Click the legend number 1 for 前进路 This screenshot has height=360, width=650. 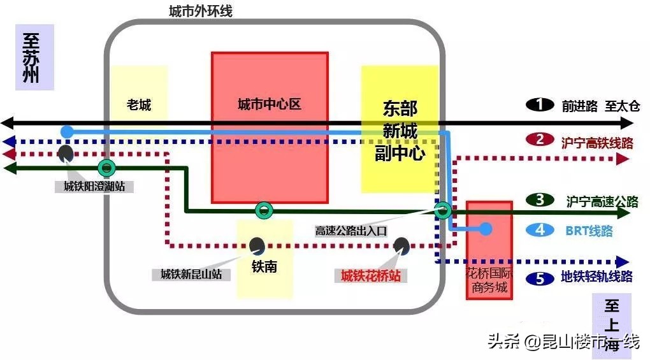pos(540,105)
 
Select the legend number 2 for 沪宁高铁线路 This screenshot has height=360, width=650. pos(540,140)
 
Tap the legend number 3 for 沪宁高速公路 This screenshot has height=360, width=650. pos(540,200)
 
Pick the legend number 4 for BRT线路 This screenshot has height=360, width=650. pos(540,230)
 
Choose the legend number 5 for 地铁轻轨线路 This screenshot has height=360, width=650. pos(540,278)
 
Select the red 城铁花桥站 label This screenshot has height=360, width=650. pos(371,275)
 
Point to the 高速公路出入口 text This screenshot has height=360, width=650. pos(351,231)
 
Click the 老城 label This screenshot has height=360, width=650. pos(139,104)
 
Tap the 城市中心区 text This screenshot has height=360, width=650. pos(269,104)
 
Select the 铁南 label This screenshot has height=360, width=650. pos(264,266)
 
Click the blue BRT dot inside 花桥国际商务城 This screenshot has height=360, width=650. pos(486,228)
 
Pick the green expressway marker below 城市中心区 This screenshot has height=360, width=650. pos(263,210)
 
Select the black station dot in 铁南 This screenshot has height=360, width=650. pos(257,245)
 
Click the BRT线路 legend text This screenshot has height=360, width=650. pos(589,231)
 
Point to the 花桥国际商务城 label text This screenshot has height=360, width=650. pos(489,281)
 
